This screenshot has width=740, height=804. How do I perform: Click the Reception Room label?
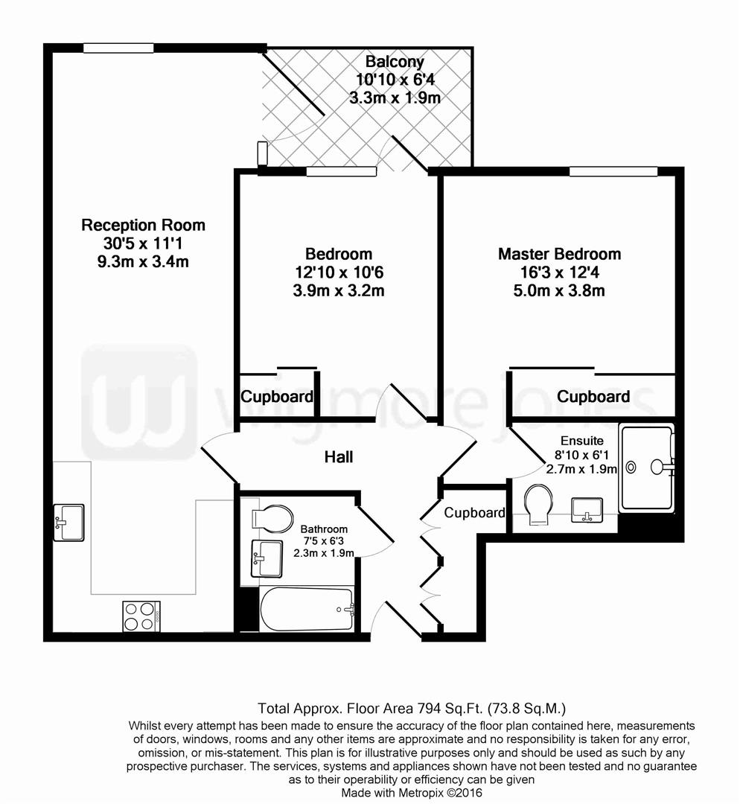point(143,225)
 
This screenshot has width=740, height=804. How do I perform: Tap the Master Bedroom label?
point(559,254)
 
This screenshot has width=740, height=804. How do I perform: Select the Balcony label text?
point(395,62)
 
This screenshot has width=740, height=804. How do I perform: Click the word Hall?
point(338,457)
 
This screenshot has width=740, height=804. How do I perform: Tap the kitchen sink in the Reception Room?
point(68,521)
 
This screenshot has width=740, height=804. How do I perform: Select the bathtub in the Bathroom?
point(306,609)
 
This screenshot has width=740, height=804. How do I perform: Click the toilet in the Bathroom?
point(272,517)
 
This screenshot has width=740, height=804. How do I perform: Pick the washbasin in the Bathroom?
point(267,558)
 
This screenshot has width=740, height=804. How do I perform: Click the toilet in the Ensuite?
point(538,505)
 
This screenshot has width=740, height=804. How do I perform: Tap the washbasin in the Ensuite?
point(588,511)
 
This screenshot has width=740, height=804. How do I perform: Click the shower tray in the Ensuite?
point(646,468)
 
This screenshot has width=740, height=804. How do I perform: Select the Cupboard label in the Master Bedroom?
point(593,397)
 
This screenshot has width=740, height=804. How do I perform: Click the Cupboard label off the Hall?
point(474,513)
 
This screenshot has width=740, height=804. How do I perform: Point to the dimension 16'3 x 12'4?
point(559,272)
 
